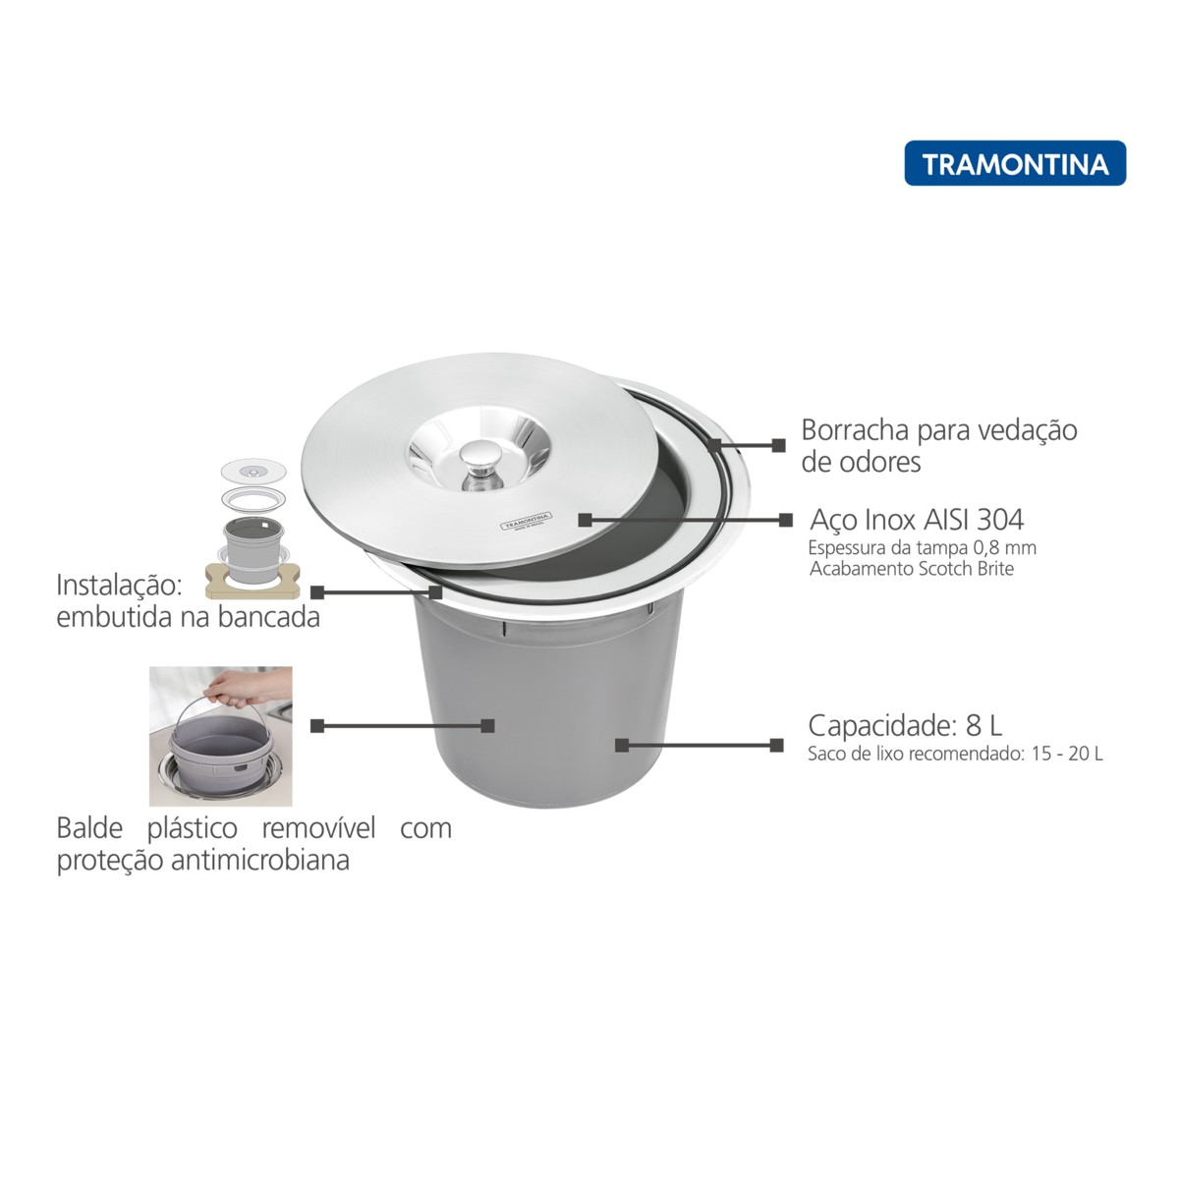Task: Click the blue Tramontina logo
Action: click(x=1015, y=163)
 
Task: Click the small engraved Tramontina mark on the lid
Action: click(x=527, y=522)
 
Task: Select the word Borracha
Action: click(x=855, y=430)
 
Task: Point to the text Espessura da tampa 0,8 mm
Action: click(x=922, y=547)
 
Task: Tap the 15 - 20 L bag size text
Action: click(x=1066, y=754)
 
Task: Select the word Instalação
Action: click(x=119, y=587)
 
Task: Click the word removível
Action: click(x=318, y=828)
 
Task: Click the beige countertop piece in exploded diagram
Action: click(x=253, y=580)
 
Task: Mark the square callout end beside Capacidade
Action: click(x=776, y=745)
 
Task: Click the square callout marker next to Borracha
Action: click(x=778, y=445)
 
